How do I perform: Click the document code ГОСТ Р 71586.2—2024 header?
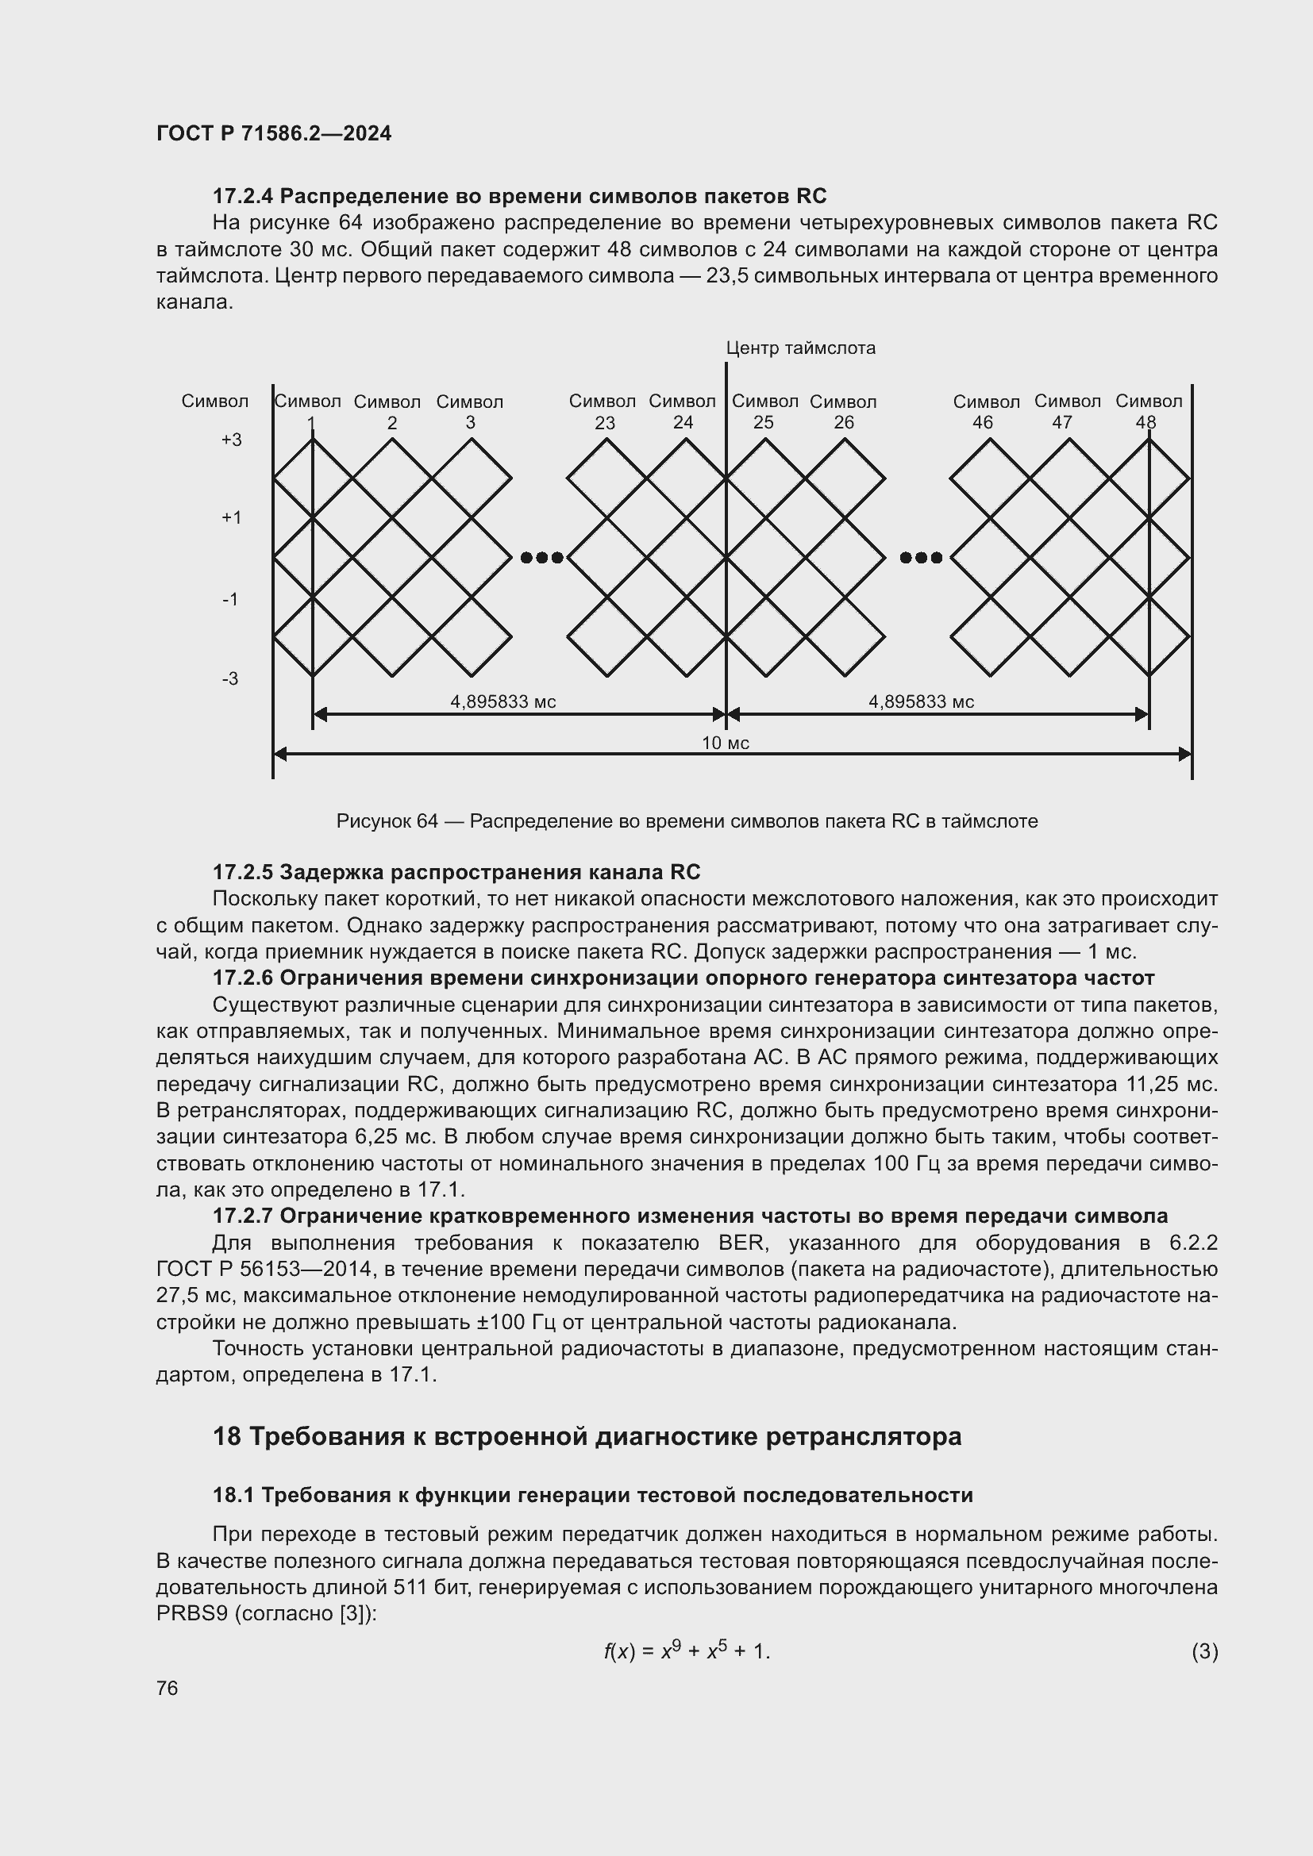273,133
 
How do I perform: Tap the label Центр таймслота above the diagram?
799,348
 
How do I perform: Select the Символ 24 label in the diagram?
683,412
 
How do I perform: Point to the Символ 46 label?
986,412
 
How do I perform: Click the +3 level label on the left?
231,440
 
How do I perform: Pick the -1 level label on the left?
230,599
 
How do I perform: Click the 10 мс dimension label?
726,743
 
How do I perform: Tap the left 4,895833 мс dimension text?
502,701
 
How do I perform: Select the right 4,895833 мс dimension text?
921,701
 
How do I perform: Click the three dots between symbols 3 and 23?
541,557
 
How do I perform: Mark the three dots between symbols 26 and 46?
921,557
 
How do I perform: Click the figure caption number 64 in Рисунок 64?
427,821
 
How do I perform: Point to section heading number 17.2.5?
243,872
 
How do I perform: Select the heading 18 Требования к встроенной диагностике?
587,1436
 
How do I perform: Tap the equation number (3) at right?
1204,1651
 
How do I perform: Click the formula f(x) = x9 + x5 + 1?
687,1650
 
